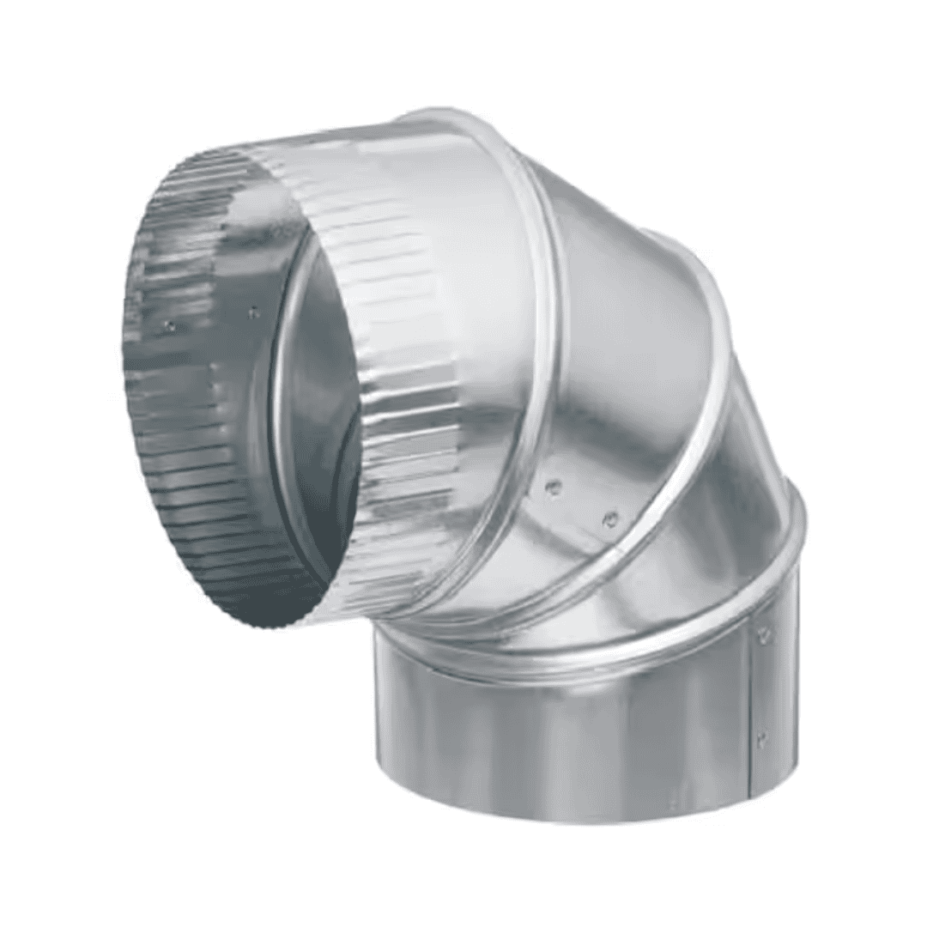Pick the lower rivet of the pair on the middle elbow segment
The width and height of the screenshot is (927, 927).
(x=610, y=518)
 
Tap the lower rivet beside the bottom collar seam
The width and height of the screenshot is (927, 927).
(x=760, y=736)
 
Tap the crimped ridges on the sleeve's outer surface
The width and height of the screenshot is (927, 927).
(x=403, y=360)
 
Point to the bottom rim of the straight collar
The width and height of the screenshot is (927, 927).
(x=584, y=815)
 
